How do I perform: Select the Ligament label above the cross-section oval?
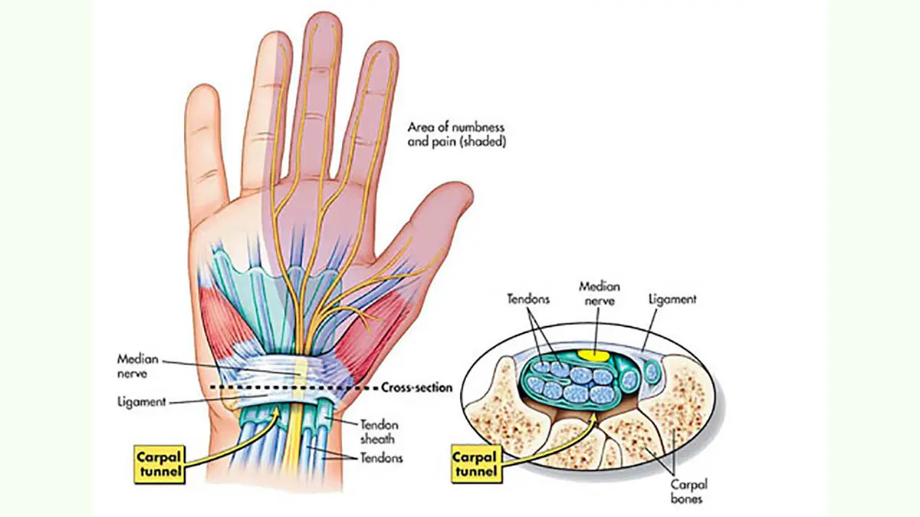(x=672, y=300)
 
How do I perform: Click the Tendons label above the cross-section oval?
(x=530, y=300)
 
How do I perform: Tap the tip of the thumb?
(x=462, y=193)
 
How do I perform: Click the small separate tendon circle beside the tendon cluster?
(x=652, y=373)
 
